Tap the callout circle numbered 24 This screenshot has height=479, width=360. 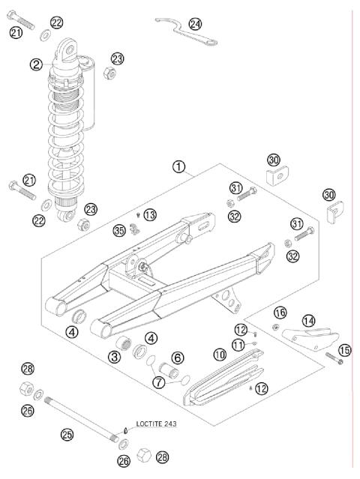[x=195, y=23]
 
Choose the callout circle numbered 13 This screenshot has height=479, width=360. [x=150, y=214]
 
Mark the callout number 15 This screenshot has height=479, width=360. [x=344, y=349]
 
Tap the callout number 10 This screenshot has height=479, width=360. [x=219, y=353]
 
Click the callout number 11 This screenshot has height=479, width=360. [x=238, y=344]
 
